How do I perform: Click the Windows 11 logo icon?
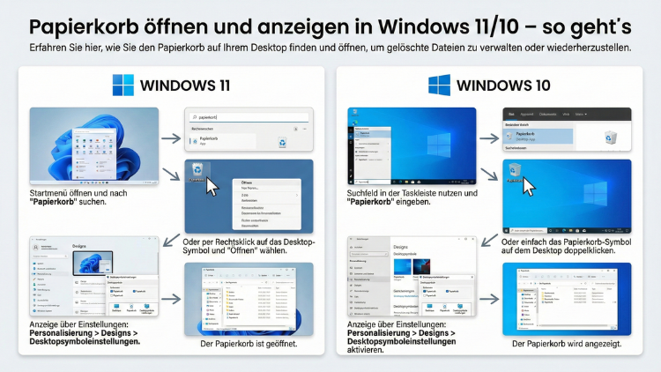point(123,85)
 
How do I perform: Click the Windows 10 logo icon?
point(440,85)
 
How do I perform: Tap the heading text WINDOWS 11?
point(184,86)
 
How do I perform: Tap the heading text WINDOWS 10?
point(503,86)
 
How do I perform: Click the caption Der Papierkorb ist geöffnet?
point(249,344)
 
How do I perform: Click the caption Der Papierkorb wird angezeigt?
point(567,344)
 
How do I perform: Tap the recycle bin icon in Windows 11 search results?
point(282,141)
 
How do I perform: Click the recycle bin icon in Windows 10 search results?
point(610,137)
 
